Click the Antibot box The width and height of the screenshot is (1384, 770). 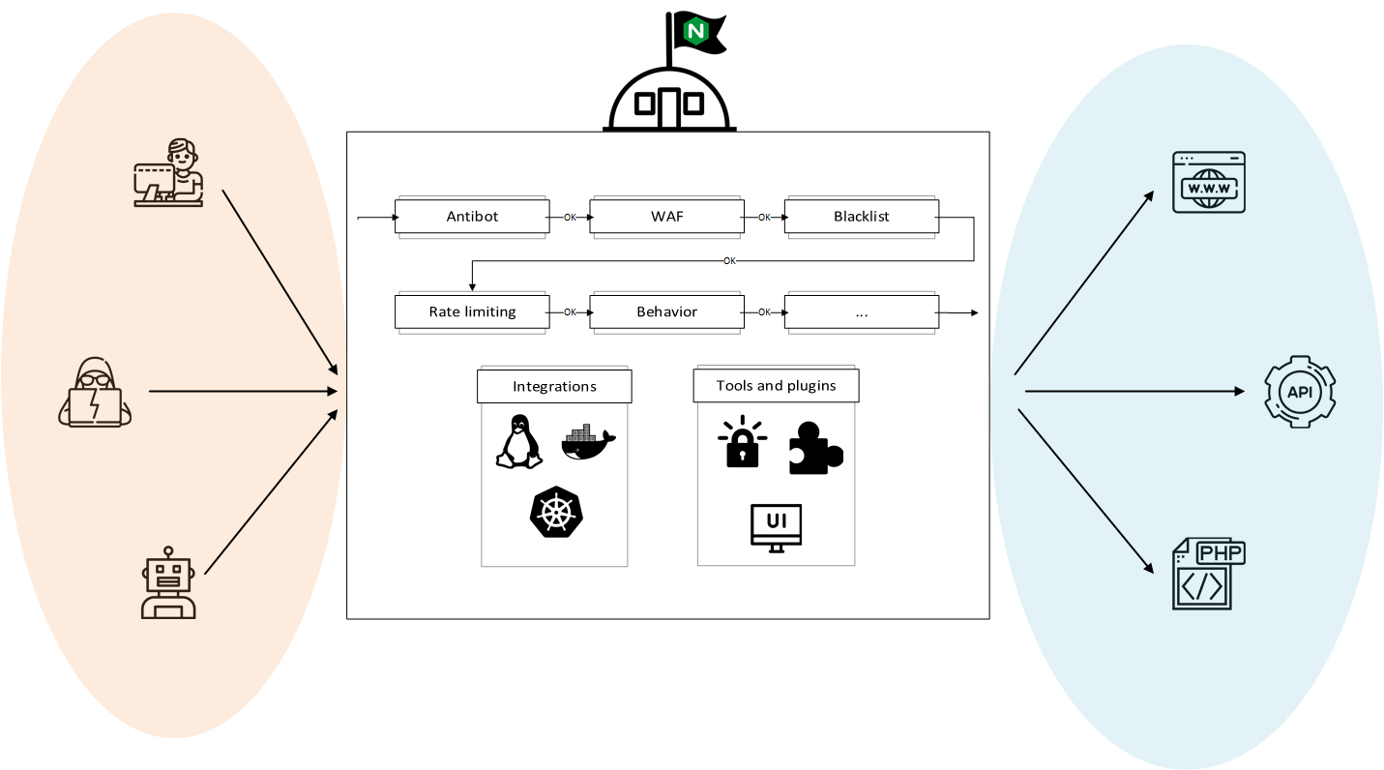[472, 217]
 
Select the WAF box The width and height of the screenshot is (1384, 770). [666, 217]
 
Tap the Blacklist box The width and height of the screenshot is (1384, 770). [861, 217]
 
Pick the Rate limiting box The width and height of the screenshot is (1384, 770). [472, 311]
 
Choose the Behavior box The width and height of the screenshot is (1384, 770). [666, 311]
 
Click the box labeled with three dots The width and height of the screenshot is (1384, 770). [861, 311]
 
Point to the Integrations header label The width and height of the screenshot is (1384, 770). [554, 386]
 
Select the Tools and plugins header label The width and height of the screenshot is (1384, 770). [776, 385]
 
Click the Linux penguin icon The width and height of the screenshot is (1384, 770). [518, 442]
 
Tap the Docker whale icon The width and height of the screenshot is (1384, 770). [587, 442]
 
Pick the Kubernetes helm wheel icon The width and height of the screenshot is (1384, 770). [557, 512]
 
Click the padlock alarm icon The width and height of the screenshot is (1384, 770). [742, 444]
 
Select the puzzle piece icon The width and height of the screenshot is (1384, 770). [814, 448]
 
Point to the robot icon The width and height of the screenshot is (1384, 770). [168, 585]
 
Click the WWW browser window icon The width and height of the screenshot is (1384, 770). [1208, 182]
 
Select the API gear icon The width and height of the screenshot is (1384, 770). [1300, 392]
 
